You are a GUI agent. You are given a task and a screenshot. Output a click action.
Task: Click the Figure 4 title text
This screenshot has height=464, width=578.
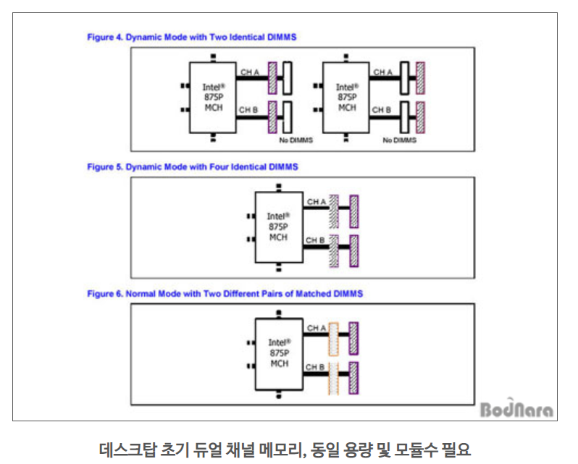[191, 36]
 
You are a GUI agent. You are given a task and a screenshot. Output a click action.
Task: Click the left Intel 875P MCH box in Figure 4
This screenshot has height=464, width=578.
[213, 97]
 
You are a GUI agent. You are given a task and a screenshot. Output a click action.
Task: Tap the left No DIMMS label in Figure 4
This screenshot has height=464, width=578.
[296, 140]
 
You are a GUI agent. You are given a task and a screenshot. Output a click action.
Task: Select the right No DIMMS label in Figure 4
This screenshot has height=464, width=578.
[399, 140]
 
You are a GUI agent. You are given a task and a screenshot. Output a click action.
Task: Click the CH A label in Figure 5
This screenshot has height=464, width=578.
[316, 201]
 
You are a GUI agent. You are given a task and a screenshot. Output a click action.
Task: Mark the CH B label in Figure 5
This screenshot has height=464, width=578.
[316, 240]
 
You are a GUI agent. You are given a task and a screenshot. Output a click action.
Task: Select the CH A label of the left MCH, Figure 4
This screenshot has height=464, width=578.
[249, 72]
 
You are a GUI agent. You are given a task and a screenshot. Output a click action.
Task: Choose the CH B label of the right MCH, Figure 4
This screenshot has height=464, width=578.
[382, 110]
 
